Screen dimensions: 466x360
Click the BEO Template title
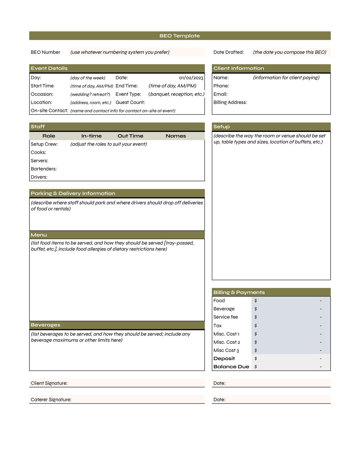click(180, 36)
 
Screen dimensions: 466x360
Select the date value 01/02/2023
click(191, 78)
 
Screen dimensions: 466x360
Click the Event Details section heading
click(49, 68)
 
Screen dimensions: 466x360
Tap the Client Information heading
click(239, 68)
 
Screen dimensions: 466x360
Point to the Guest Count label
click(130, 103)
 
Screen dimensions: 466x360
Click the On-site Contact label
click(49, 111)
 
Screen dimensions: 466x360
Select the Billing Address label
click(230, 103)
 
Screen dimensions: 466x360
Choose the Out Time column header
click(130, 136)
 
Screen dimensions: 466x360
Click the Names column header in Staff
click(176, 136)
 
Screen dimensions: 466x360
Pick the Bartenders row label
click(44, 169)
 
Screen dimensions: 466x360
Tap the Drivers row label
click(39, 177)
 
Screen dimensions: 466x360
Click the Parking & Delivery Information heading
click(73, 193)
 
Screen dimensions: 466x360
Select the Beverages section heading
click(45, 325)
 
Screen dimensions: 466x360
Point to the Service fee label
click(226, 317)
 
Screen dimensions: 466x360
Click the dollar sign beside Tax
click(256, 326)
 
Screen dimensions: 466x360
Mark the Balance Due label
click(231, 367)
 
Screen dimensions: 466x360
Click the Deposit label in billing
click(224, 359)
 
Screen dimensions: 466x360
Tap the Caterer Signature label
click(51, 400)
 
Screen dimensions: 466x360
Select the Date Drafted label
click(229, 52)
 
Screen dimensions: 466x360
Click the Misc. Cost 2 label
click(227, 342)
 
